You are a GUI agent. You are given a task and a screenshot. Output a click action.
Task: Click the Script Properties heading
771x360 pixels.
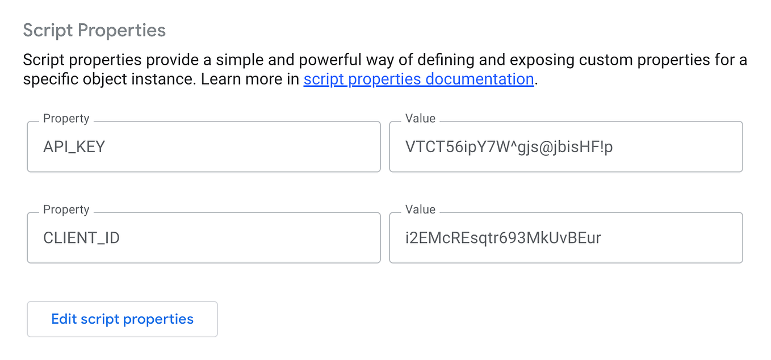[94, 30]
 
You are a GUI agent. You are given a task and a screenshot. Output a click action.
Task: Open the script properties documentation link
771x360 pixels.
[418, 79]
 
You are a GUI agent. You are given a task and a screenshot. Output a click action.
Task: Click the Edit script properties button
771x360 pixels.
[122, 319]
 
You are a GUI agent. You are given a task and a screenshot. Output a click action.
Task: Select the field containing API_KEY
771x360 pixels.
[203, 147]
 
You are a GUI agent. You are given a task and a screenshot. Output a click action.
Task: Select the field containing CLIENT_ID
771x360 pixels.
[203, 238]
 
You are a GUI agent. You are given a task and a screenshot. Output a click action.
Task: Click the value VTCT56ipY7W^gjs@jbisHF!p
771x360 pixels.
[509, 147]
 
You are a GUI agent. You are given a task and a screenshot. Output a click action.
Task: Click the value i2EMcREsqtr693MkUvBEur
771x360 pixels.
[503, 238]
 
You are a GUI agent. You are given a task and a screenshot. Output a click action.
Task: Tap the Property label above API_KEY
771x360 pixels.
[66, 119]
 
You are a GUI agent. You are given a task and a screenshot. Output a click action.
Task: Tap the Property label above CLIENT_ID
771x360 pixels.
[66, 210]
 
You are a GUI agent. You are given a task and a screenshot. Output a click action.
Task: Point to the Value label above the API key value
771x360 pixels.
[420, 119]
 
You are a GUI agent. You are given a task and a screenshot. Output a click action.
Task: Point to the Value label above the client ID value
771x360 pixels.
[420, 210]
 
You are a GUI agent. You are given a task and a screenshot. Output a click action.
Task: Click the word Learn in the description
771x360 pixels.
[222, 79]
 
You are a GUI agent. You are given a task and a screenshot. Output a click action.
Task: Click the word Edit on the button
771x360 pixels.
[64, 319]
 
